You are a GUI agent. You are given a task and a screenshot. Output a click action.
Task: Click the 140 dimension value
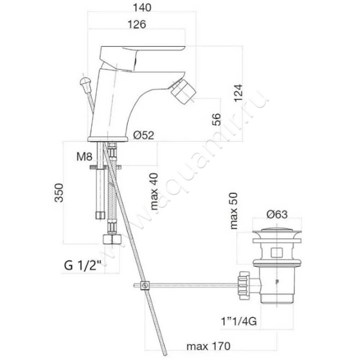click(x=142, y=8)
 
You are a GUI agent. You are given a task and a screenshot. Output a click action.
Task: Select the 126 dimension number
click(x=137, y=24)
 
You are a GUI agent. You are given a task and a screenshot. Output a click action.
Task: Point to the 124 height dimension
click(x=238, y=93)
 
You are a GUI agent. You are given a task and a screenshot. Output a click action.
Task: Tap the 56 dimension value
click(x=216, y=119)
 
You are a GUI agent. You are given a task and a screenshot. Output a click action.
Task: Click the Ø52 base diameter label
click(x=144, y=135)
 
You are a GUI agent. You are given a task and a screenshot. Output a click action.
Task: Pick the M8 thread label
click(x=84, y=157)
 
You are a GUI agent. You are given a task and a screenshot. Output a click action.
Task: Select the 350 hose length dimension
click(x=58, y=193)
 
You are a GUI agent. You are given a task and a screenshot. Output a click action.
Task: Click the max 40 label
click(x=154, y=192)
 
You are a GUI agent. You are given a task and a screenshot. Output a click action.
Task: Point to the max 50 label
click(x=234, y=211)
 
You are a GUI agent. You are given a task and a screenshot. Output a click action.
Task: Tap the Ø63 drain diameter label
click(x=277, y=215)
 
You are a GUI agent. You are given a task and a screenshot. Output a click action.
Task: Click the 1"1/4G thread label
click(x=239, y=321)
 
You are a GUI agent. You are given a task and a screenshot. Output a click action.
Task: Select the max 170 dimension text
click(x=208, y=346)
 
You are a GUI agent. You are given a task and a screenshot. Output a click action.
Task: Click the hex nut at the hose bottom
click(x=112, y=239)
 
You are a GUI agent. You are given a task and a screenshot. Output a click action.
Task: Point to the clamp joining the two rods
click(x=144, y=285)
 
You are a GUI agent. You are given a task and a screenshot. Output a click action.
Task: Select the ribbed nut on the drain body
click(x=243, y=285)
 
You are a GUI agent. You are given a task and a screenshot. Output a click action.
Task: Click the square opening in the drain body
click(x=277, y=252)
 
